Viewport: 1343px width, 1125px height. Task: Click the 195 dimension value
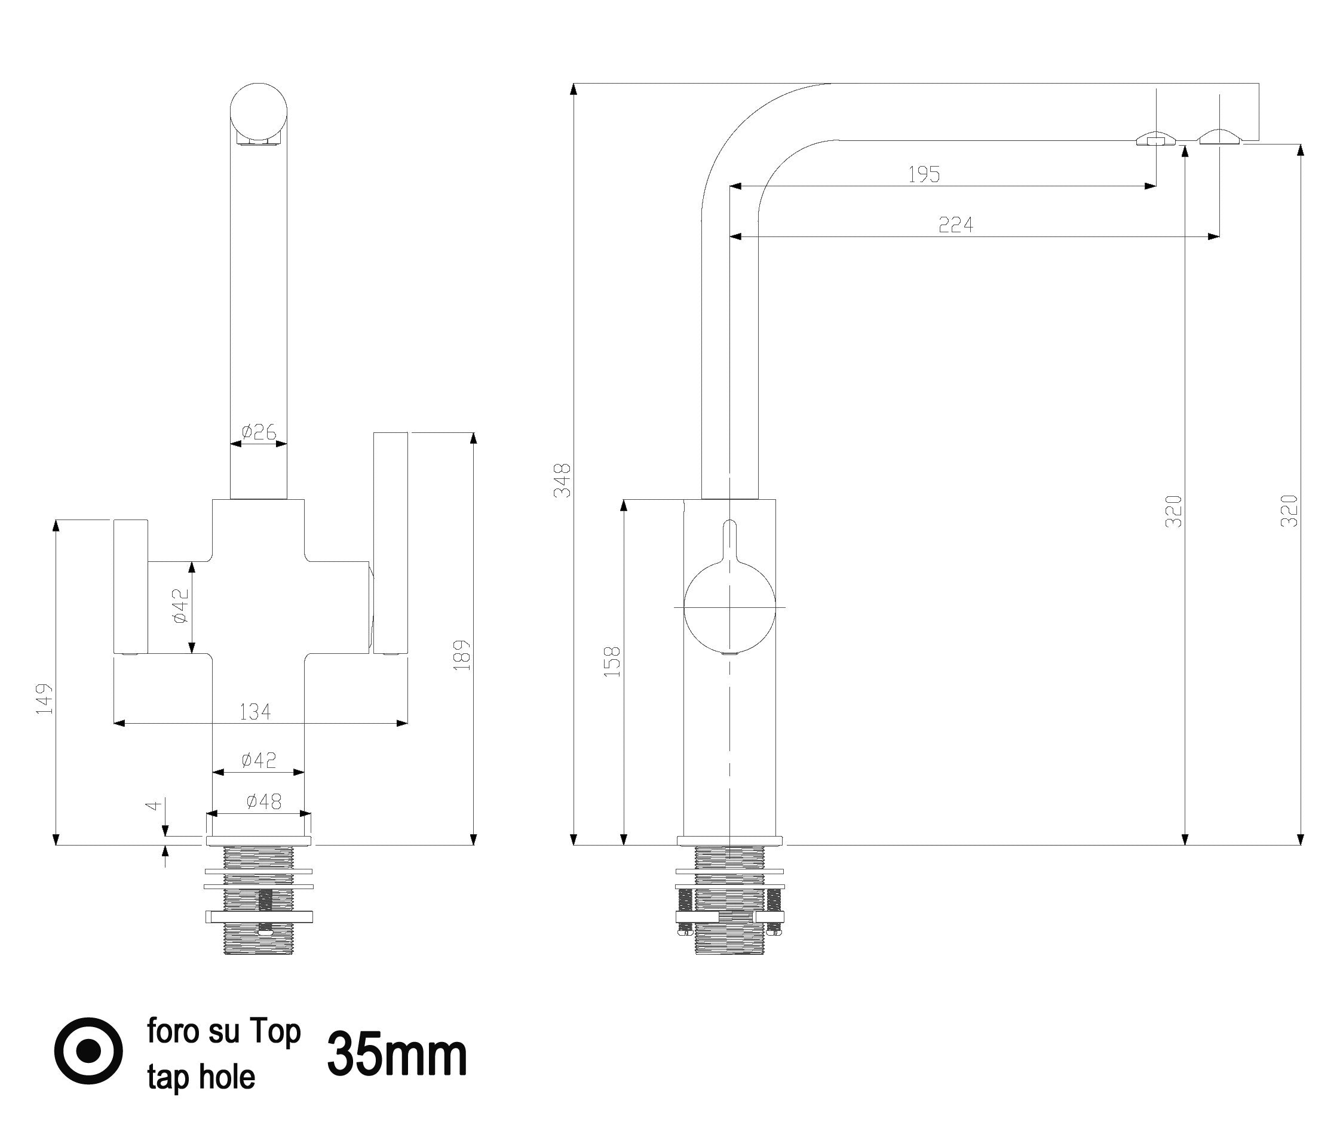click(x=924, y=174)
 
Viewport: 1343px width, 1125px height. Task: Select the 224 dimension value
click(x=955, y=225)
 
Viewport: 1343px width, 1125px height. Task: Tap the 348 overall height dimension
click(x=563, y=480)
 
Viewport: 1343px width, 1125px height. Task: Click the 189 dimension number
click(x=462, y=655)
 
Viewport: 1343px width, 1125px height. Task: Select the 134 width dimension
click(x=255, y=711)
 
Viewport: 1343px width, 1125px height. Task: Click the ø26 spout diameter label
click(x=258, y=433)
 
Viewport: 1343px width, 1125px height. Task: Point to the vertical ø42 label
click(x=181, y=605)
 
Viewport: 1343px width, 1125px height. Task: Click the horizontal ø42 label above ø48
click(x=258, y=760)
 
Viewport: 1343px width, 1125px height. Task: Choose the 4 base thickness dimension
click(x=152, y=806)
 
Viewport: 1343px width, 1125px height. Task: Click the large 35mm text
click(x=397, y=1055)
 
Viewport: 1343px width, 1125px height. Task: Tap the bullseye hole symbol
click(x=88, y=1051)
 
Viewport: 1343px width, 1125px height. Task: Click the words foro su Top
click(x=224, y=1031)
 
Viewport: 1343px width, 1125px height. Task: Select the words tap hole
click(x=201, y=1077)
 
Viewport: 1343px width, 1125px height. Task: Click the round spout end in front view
click(x=258, y=112)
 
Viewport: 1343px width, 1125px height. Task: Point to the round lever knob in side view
click(x=729, y=607)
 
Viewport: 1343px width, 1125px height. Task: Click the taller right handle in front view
click(x=390, y=543)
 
